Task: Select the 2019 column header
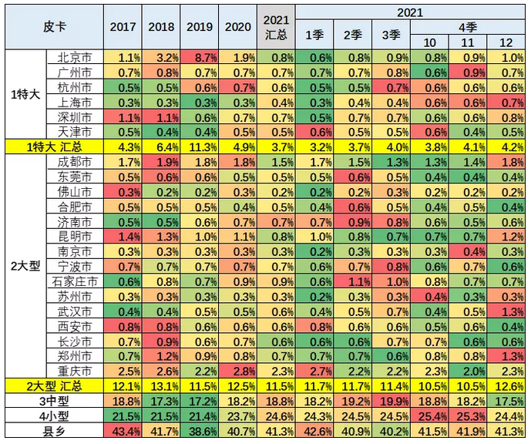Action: (x=200, y=26)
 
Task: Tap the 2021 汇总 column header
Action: (x=276, y=26)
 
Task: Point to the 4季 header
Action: (x=469, y=26)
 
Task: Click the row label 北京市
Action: (x=76, y=57)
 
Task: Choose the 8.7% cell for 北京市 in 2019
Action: (x=200, y=57)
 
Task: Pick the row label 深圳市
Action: (x=76, y=117)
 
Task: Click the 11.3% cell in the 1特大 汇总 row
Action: (x=200, y=146)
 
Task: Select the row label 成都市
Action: (x=76, y=162)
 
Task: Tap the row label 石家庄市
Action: (x=76, y=281)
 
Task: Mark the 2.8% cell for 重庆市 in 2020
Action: (x=238, y=370)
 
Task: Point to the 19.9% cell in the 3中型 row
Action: (x=391, y=399)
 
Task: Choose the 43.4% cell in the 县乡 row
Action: (x=123, y=429)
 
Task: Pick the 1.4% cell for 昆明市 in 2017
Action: (x=123, y=237)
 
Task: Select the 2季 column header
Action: (x=352, y=35)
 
